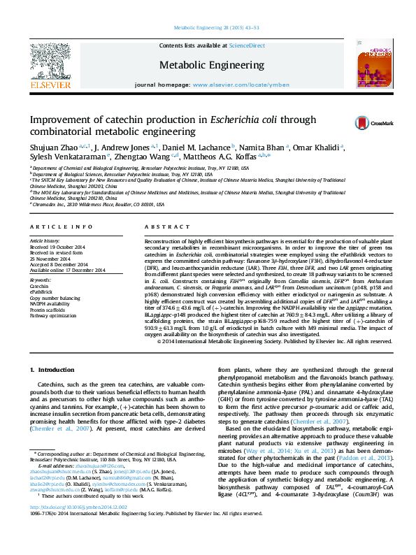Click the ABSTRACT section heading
[x=162, y=228]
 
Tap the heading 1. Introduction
[x=52, y=349]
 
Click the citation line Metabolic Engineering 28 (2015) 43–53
[x=207, y=27]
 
